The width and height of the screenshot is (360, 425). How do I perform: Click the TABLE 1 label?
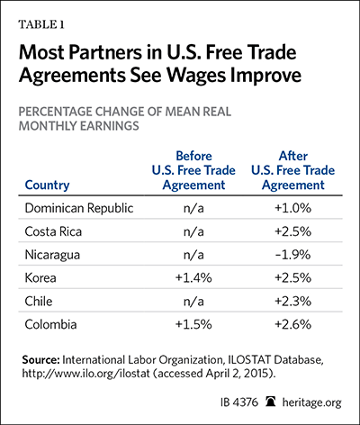[x=41, y=24]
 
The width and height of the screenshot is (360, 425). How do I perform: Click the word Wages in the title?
[x=195, y=76]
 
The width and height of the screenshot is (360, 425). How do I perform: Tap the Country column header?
[x=47, y=185]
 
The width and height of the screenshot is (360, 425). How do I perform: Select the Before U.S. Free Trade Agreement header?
[x=193, y=170]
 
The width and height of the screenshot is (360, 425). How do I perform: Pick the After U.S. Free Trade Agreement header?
[x=293, y=170]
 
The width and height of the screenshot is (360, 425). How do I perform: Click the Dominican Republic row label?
[x=79, y=208]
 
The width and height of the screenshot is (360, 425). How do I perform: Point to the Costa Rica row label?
[x=53, y=231]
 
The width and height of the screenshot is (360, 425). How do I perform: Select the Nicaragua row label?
[x=52, y=255]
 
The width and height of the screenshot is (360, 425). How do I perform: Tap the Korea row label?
[x=40, y=278]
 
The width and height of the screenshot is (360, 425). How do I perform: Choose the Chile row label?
[x=39, y=302]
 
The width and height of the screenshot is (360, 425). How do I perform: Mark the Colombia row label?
[x=50, y=324]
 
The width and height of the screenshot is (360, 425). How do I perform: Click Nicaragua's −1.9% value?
[x=293, y=255]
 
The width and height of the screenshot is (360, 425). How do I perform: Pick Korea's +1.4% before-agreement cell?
[x=193, y=278]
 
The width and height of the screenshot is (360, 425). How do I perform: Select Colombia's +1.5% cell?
[x=193, y=324]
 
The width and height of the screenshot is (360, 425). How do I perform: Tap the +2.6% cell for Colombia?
[x=293, y=324]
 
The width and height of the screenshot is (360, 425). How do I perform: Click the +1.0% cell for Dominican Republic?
[x=293, y=208]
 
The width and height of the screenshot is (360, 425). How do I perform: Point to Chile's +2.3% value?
[x=293, y=302]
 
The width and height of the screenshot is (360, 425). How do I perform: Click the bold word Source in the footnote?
[x=40, y=360]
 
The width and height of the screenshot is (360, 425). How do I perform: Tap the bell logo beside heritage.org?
[x=271, y=402]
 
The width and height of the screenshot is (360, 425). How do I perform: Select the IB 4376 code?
[x=239, y=402]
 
